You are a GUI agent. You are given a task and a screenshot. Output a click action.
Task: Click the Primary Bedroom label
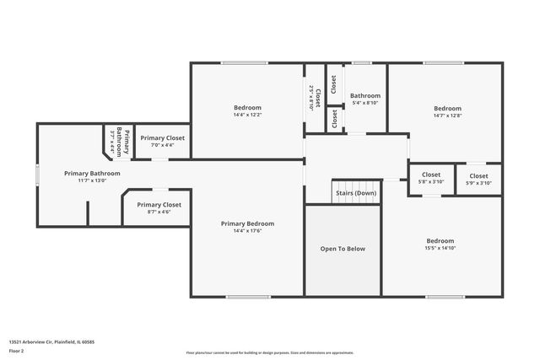[x=247, y=223]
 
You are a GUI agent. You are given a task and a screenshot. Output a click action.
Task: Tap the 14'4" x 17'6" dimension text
[x=247, y=231]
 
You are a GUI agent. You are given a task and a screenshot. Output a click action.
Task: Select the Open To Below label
[x=343, y=249]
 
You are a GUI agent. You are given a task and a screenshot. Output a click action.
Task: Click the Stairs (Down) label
[x=356, y=193]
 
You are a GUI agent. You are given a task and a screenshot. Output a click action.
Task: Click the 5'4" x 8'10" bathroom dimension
[x=365, y=103]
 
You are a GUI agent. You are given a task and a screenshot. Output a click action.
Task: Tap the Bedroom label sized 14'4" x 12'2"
[x=247, y=107]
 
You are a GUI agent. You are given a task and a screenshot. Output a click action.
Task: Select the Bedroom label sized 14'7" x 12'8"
[x=447, y=108]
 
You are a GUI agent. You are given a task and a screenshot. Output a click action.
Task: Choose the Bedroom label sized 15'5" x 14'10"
[x=440, y=240]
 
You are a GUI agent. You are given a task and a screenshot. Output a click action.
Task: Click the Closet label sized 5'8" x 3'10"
[x=431, y=175]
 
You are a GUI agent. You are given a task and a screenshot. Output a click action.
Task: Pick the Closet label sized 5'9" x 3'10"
[x=478, y=175]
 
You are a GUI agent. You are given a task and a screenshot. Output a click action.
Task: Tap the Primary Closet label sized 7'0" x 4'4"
[x=162, y=137]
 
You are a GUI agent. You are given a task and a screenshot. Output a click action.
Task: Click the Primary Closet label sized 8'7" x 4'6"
[x=159, y=205]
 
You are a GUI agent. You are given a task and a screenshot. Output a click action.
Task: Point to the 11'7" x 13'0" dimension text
[x=93, y=180]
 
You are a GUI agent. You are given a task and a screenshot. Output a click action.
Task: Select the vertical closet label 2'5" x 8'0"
[x=311, y=99]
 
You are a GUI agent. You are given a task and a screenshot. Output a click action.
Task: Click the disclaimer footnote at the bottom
[x=270, y=352]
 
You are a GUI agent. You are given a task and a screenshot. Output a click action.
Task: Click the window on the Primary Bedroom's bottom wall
[x=242, y=297]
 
